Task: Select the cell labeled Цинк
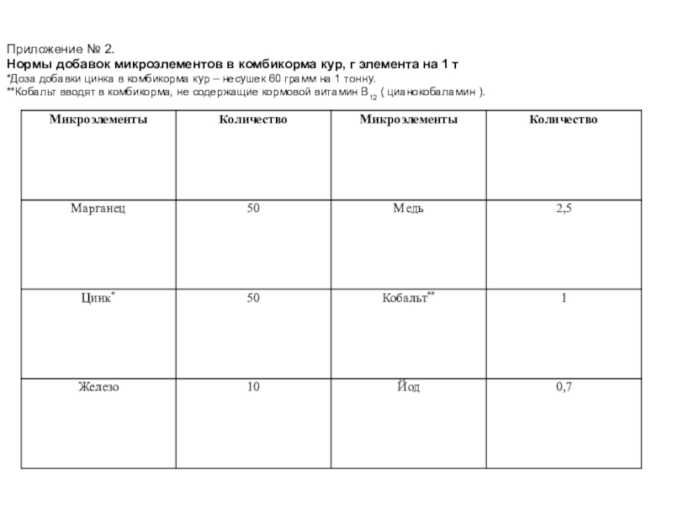point(95,298)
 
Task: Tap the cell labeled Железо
point(98,387)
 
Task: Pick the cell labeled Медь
point(408,208)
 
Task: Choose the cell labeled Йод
point(408,387)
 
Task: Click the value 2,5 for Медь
point(563,208)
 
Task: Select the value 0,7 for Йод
point(563,387)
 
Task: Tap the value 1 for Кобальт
point(563,298)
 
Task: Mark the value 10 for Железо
point(252,387)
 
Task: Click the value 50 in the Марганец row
point(252,208)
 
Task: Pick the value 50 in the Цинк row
point(252,298)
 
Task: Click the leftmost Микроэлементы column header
point(98,120)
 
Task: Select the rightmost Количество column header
point(563,120)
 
